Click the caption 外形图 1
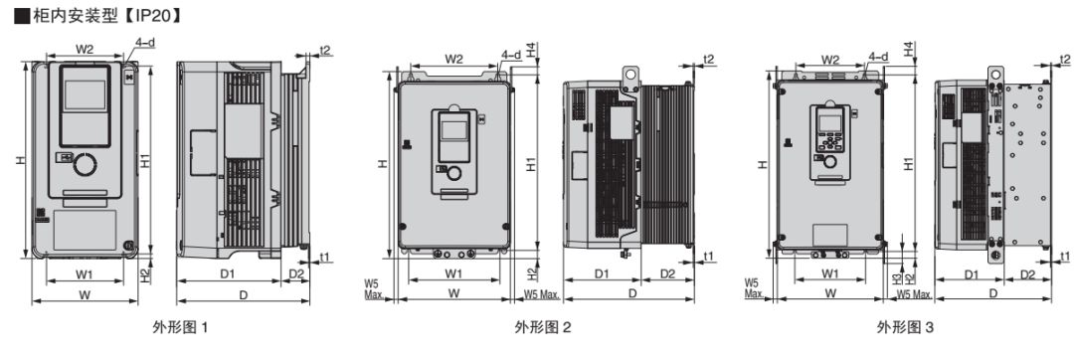click(x=180, y=328)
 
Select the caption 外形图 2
click(x=543, y=328)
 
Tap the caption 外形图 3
click(x=905, y=328)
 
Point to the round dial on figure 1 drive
click(x=85, y=165)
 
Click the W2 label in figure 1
click(x=85, y=49)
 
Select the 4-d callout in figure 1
click(x=145, y=43)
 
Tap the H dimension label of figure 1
click(x=22, y=160)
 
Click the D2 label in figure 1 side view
click(x=296, y=273)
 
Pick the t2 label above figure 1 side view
click(x=325, y=50)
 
